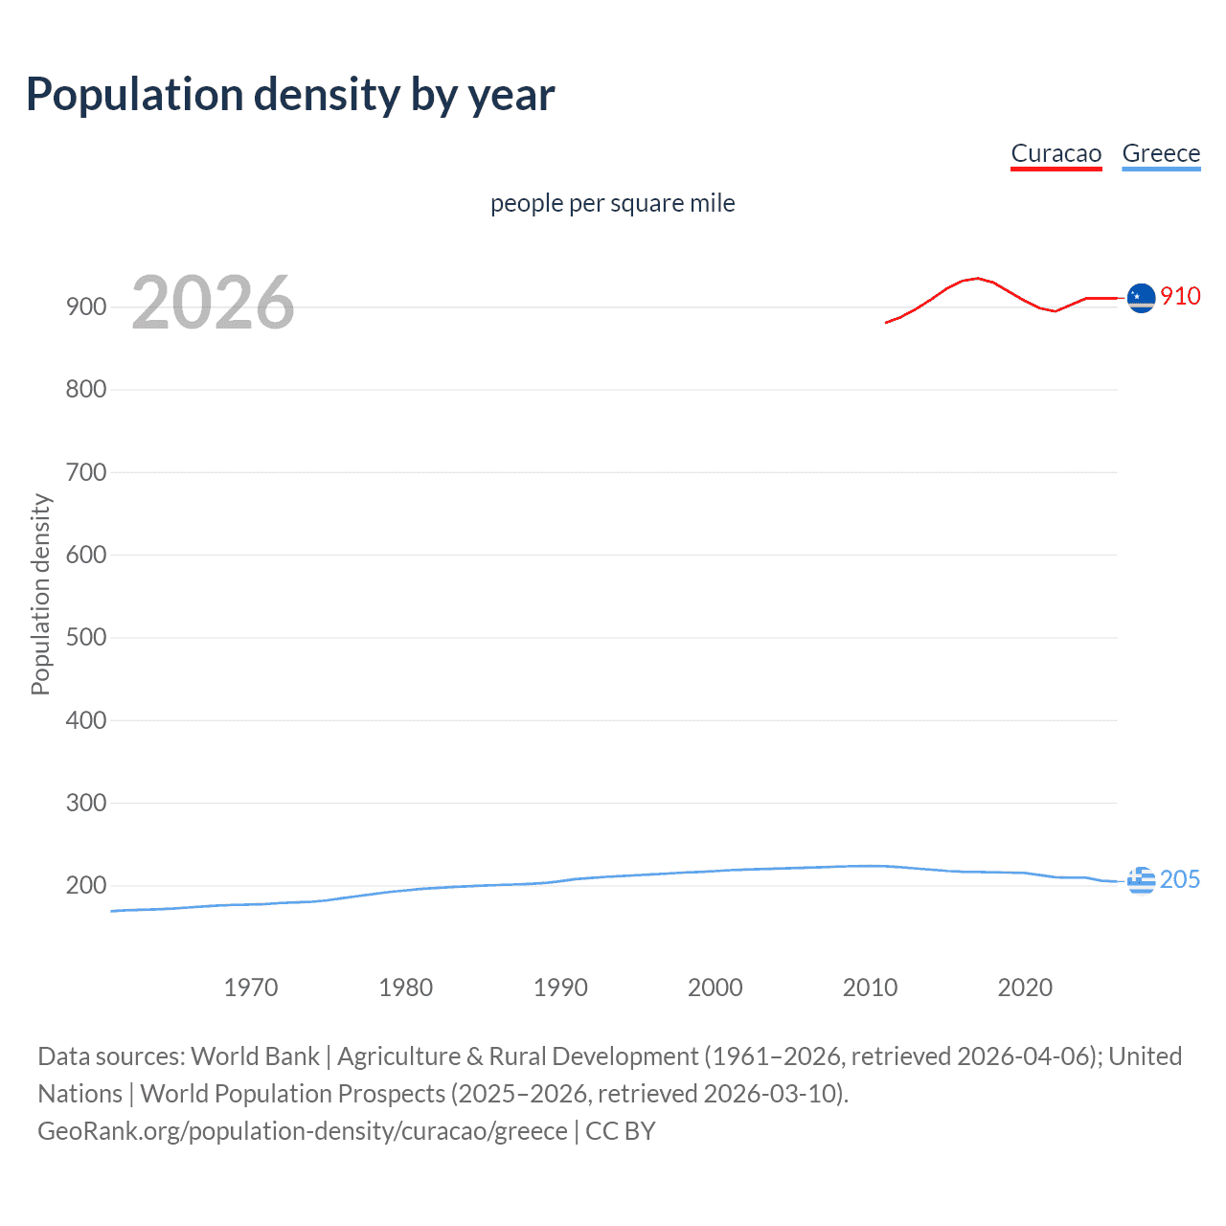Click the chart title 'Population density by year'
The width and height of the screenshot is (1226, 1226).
coord(290,95)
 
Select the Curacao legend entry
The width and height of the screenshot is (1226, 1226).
coord(1056,153)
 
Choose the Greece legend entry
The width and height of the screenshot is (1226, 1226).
coord(1161,153)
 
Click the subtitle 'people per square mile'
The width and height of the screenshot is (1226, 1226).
coord(612,203)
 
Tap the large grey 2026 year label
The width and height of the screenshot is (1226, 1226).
coord(213,303)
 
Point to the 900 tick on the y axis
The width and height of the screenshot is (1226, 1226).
coord(86,307)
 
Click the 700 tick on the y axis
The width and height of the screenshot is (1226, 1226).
coord(86,472)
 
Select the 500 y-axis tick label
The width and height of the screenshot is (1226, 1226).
coord(86,638)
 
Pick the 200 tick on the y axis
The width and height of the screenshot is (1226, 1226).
coord(86,886)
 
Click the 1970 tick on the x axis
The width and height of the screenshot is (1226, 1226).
coord(251,988)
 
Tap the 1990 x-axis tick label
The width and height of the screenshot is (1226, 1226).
coord(560,988)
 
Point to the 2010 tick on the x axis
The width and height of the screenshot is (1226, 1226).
coord(870,988)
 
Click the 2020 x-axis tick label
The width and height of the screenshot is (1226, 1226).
coord(1025,988)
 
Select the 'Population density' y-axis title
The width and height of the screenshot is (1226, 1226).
coord(40,594)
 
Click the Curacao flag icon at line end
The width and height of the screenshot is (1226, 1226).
coord(1141,298)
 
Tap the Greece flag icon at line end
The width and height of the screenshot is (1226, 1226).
coord(1141,879)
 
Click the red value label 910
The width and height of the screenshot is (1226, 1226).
coord(1180,296)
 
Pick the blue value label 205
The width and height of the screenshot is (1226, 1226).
coord(1180,879)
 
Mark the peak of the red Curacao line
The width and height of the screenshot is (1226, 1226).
coord(977,278)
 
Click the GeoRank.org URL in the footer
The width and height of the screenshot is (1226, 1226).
coord(303,1131)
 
